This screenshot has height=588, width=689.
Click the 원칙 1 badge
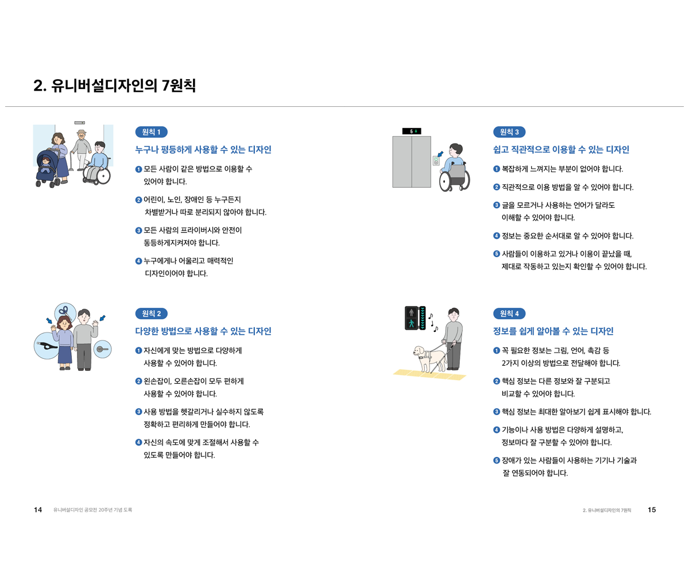click(152, 132)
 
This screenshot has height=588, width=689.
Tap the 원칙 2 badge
click(152, 314)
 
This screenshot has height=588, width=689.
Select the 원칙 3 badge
click(509, 132)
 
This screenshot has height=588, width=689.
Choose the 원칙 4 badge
click(509, 314)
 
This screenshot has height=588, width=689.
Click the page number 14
click(38, 510)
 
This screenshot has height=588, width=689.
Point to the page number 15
click(651, 510)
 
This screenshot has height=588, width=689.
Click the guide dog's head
click(419, 352)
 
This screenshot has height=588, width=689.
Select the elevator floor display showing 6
click(412, 131)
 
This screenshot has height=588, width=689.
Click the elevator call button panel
click(436, 161)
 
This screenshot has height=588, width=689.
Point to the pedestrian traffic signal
click(415, 318)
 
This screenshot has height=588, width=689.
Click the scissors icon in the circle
click(65, 312)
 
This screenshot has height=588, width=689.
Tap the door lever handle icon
click(102, 349)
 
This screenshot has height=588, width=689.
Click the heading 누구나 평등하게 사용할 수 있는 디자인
click(203, 149)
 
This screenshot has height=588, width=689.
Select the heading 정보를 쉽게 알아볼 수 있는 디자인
click(553, 331)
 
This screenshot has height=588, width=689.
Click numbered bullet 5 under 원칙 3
click(496, 254)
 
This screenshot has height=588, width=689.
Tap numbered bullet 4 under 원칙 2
click(139, 442)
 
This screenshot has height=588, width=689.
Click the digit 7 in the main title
click(166, 86)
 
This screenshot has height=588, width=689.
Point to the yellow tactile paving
click(429, 374)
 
